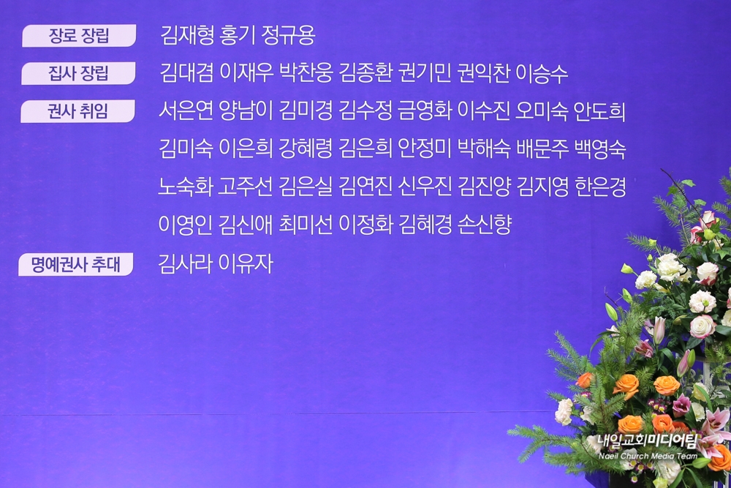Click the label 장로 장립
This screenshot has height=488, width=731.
pyautogui.click(x=79, y=35)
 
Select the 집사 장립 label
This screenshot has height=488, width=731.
pyautogui.click(x=78, y=73)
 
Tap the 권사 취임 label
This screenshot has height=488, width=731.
pyautogui.click(x=77, y=111)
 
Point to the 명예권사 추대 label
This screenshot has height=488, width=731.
pyautogui.click(x=75, y=265)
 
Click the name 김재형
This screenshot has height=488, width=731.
pyautogui.click(x=186, y=35)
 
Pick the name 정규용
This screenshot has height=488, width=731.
pyautogui.click(x=289, y=35)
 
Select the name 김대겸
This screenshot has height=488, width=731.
pyautogui.click(x=186, y=73)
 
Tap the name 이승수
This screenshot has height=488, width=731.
pyautogui.click(x=542, y=73)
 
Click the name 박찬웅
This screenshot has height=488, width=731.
pyautogui.click(x=306, y=73)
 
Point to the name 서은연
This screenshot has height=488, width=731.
pyautogui.click(x=186, y=111)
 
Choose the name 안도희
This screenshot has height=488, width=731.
pyautogui.click(x=599, y=111)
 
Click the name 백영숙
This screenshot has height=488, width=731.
pyautogui.click(x=600, y=149)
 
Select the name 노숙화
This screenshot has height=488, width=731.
pyautogui.click(x=186, y=186)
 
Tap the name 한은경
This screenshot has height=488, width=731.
pyautogui.click(x=600, y=186)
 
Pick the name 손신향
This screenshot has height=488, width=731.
pyautogui.click(x=485, y=223)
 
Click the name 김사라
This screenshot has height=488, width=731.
pyautogui.click(x=185, y=263)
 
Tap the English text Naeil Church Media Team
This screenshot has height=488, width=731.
pyautogui.click(x=648, y=456)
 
